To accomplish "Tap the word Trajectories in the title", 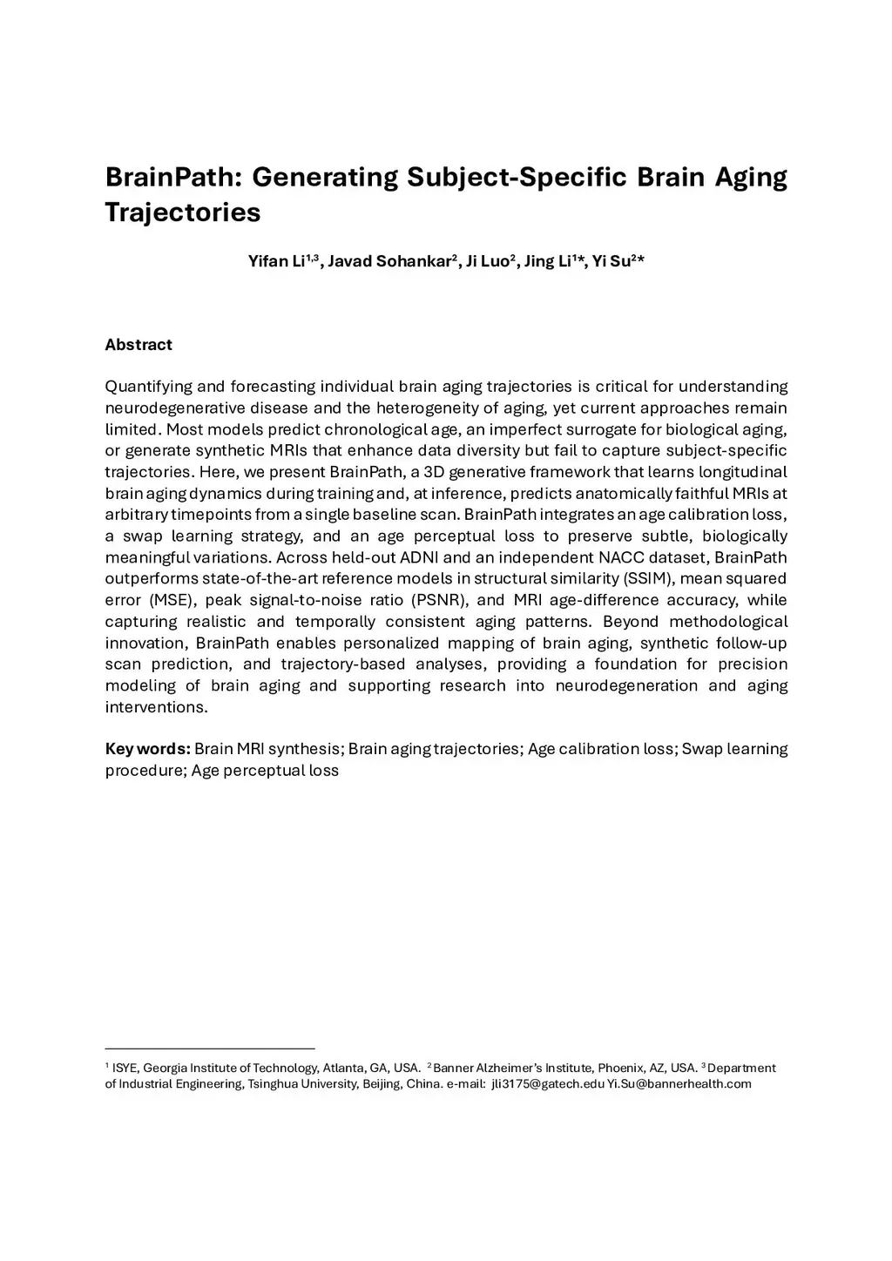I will click(x=183, y=212).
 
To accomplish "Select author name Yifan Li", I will click(x=276, y=262).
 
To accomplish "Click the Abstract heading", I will click(x=139, y=345).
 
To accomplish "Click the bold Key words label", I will click(x=147, y=749).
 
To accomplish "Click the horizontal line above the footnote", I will click(x=209, y=1049).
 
